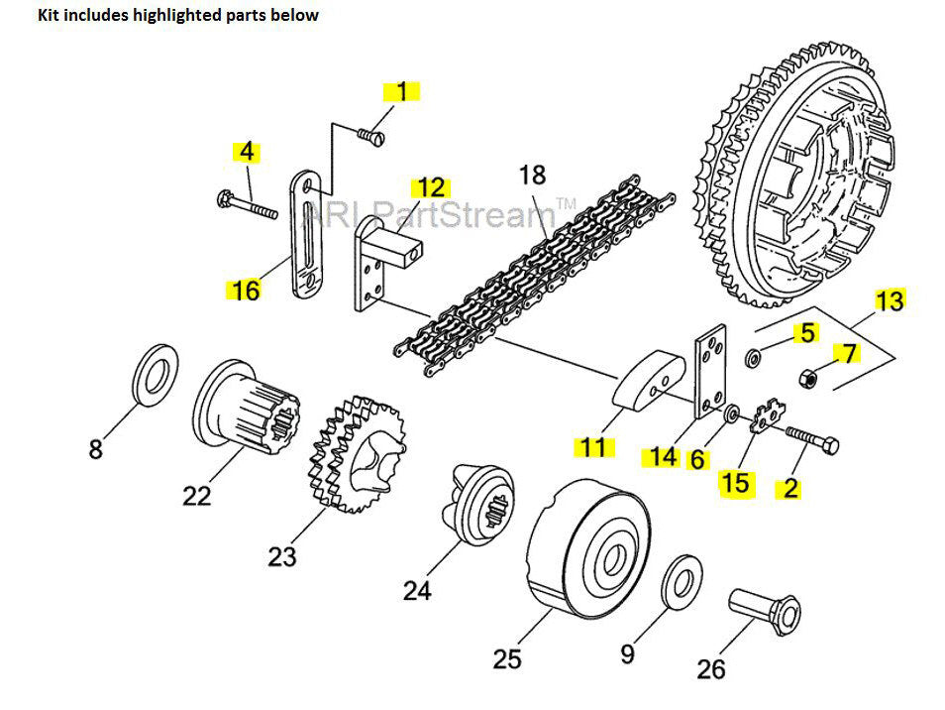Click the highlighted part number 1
click(401, 92)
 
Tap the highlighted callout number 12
click(431, 187)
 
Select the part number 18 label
click(532, 176)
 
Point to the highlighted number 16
click(245, 291)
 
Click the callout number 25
click(507, 657)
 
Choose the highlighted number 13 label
click(889, 299)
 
